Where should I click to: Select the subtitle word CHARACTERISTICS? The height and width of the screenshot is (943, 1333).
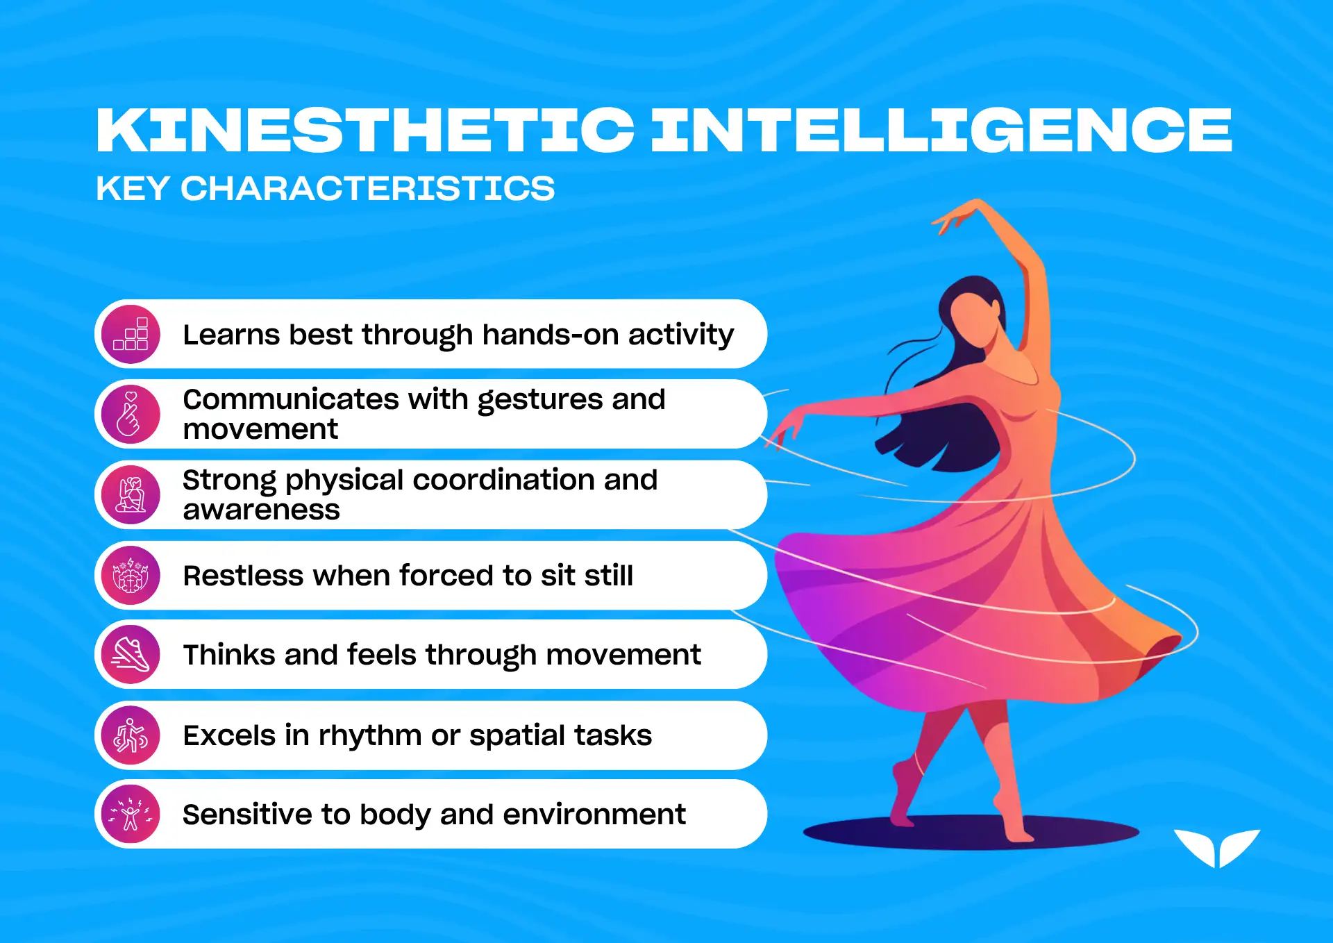tap(368, 188)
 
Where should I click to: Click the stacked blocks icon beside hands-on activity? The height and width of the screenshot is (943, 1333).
tap(131, 334)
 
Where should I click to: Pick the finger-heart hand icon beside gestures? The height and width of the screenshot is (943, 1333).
tap(130, 414)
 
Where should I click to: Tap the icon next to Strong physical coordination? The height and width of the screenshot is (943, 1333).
tap(131, 494)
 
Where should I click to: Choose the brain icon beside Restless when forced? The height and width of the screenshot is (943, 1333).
tap(131, 575)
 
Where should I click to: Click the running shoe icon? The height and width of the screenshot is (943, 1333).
tap(131, 655)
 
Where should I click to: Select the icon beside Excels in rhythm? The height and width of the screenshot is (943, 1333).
tap(131, 735)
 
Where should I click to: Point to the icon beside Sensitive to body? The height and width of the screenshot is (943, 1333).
tap(131, 815)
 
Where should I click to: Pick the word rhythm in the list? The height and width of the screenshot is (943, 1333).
tap(370, 736)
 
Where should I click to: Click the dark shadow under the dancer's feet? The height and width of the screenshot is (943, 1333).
tap(971, 833)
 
